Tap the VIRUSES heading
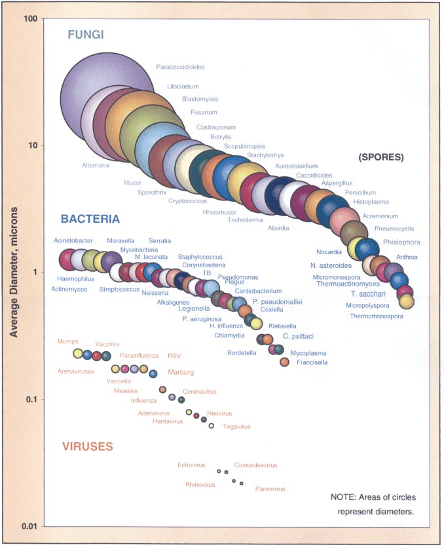(88, 447)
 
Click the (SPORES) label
(381, 157)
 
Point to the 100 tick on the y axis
(28, 18)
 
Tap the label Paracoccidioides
(180, 67)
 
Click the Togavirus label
(236, 426)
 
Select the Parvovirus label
(270, 488)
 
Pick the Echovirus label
(191, 465)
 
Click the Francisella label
(312, 362)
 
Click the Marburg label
(181, 372)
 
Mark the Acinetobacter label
(73, 240)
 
